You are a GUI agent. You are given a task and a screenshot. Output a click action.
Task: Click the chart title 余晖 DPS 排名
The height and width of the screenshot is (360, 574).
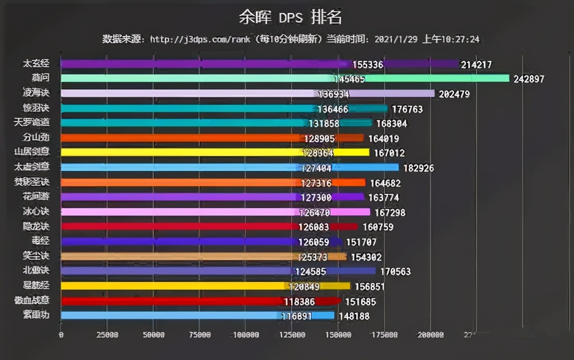tap(290, 18)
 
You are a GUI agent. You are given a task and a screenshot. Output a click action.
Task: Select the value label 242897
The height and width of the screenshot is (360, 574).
tap(529, 79)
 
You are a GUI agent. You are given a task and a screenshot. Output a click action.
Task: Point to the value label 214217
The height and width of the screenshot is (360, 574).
tap(476, 65)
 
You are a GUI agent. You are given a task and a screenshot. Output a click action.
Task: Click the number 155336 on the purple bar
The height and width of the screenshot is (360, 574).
tap(368, 65)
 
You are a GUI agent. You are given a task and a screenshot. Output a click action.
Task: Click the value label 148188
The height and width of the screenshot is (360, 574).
tap(353, 316)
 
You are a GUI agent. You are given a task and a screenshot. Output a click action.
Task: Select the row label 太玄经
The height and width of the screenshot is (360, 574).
tap(36, 64)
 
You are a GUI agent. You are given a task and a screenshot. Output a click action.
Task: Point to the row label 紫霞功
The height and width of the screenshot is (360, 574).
tap(36, 315)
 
